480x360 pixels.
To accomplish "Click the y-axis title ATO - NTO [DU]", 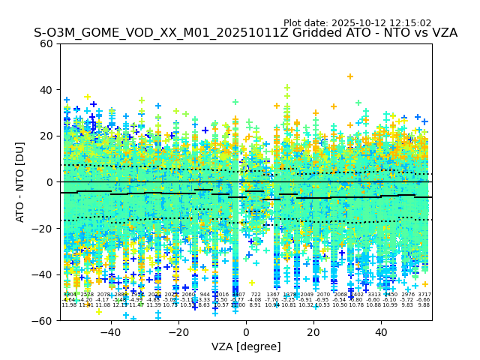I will click(x=21, y=181).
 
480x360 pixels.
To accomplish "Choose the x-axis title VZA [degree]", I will click(x=246, y=346).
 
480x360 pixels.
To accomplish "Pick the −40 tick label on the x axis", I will click(x=110, y=331).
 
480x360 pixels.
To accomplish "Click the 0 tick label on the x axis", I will click(x=246, y=331).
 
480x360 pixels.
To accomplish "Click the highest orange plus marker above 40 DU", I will click(x=350, y=76).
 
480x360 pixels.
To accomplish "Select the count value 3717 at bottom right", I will click(x=424, y=295).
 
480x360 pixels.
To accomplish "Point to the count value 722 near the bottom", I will click(x=256, y=295).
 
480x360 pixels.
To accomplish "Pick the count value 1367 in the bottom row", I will click(x=272, y=295).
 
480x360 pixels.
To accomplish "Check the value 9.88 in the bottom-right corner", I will click(x=424, y=305).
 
